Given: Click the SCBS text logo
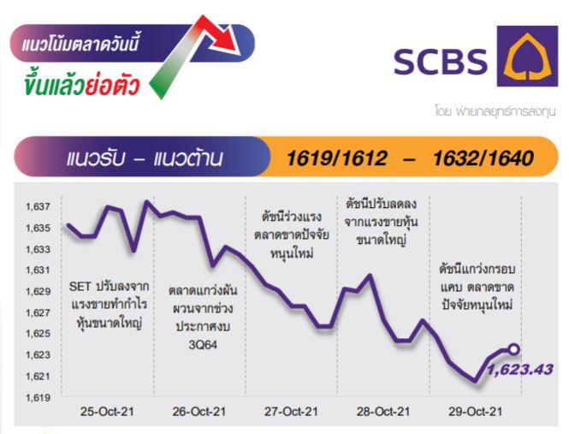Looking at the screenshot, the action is (441, 62).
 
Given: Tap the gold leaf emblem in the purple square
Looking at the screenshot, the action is (527, 56).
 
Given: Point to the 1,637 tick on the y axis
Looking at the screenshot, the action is (38, 207).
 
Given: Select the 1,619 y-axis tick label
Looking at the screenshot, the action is (38, 398).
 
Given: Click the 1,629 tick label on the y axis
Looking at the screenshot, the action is (38, 292).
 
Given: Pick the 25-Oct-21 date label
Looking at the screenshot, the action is (107, 412).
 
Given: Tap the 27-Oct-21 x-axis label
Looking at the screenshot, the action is (291, 412).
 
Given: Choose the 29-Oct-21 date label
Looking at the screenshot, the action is (476, 412).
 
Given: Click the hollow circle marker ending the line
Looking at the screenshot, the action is (514, 349).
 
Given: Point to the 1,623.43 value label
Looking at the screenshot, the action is (520, 369).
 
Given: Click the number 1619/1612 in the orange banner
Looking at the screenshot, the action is (337, 158).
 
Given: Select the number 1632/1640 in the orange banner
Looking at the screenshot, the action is (483, 158).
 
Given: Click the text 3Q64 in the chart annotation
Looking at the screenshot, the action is (203, 345).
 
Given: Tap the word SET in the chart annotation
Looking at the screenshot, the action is (80, 287).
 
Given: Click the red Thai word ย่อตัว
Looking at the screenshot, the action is (112, 85).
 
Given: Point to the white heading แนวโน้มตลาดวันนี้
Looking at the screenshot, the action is (80, 44).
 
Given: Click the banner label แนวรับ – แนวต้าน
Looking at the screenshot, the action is (145, 158).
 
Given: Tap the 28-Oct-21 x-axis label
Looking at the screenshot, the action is (383, 412).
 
